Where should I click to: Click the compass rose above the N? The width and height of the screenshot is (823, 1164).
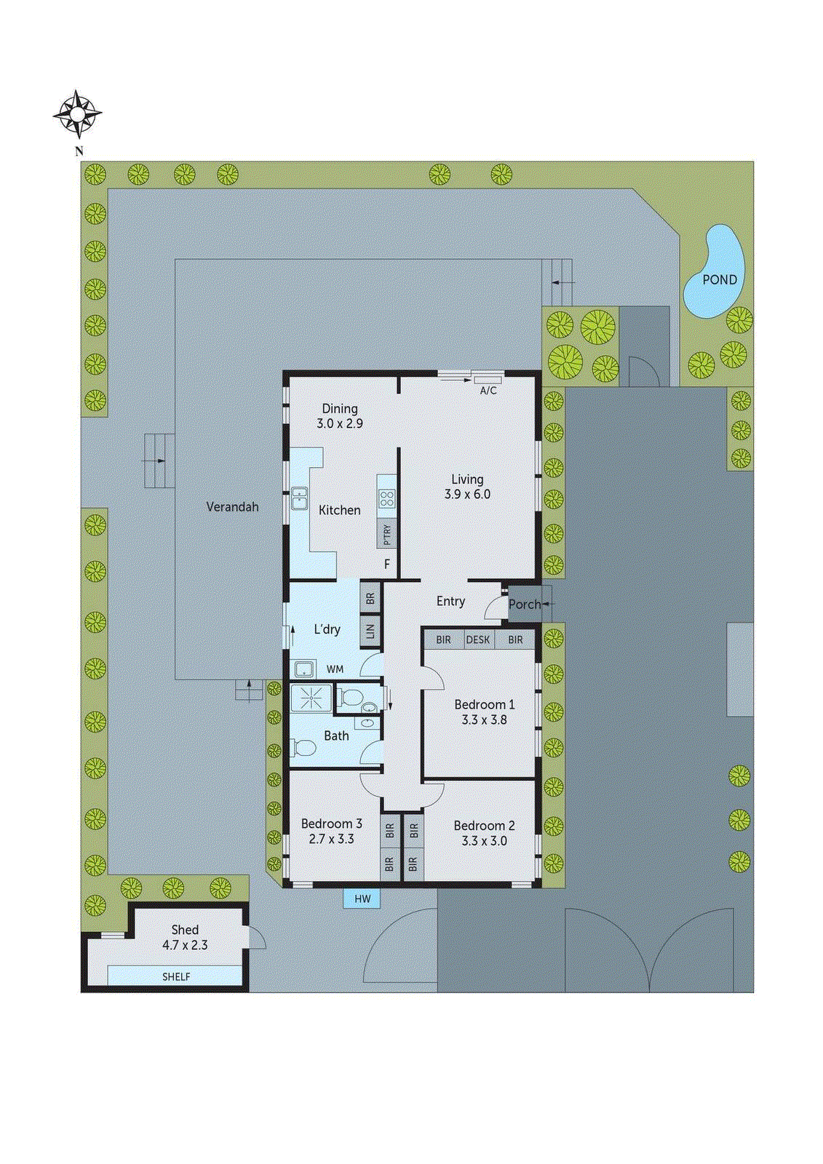[77, 114]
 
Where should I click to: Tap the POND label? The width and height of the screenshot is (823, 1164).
[719, 280]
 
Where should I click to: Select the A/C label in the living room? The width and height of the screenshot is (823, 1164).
[488, 391]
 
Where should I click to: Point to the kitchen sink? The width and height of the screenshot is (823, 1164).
[300, 498]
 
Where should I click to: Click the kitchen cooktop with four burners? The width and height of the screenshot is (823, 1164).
[387, 498]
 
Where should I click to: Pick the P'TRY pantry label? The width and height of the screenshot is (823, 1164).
[387, 535]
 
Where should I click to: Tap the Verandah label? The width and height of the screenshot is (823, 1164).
[232, 507]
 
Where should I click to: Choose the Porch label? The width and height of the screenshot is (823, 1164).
[524, 605]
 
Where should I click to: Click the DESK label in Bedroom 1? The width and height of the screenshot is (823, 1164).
[478, 640]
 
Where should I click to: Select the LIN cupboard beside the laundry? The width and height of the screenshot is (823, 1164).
[370, 631]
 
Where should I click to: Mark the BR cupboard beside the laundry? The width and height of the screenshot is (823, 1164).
[370, 599]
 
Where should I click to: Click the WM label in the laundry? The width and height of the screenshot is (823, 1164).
[335, 669]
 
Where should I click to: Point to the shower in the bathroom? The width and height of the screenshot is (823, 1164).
[311, 698]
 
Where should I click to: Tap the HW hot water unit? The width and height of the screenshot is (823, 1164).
[362, 899]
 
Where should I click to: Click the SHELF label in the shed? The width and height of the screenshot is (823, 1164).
[176, 977]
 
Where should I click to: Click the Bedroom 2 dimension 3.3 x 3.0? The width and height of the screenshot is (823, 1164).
[484, 841]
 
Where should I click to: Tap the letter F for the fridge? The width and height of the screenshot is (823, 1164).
[387, 565]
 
